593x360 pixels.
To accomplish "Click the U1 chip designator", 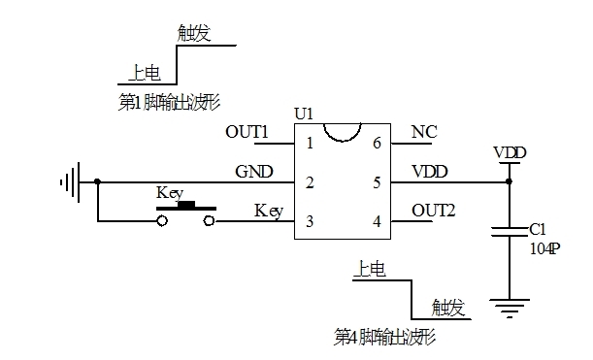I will click(304, 114).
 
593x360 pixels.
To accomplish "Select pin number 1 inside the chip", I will click(310, 144).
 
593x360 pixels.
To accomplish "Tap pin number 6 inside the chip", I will click(376, 144).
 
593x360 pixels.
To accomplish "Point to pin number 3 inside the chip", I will click(310, 222).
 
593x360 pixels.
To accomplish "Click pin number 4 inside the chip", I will click(376, 222).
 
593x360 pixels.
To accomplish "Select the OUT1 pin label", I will click(247, 132).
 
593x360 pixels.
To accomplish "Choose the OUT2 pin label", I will click(433, 210).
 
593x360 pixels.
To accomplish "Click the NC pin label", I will click(423, 132).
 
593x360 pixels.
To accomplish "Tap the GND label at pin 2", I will click(253, 171).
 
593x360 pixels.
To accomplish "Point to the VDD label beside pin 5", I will click(430, 171).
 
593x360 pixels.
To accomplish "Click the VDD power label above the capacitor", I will click(510, 153).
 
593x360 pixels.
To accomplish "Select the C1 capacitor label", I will click(539, 230).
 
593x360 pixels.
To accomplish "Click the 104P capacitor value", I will click(544, 247).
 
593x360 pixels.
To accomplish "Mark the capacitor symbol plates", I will click(510, 233).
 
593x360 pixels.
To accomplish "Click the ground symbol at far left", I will click(69, 181).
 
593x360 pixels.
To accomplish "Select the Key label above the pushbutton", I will click(170, 193).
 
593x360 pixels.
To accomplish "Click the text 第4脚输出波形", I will click(383, 337).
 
